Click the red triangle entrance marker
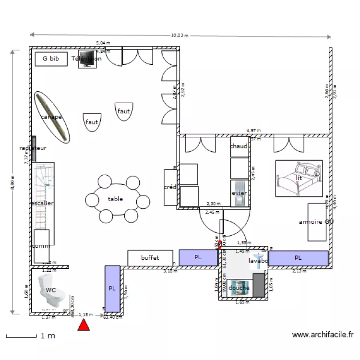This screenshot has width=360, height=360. (84, 325)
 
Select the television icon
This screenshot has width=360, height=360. (87, 59)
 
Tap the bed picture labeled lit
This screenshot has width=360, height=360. (298, 178)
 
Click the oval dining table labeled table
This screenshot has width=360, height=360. (116, 199)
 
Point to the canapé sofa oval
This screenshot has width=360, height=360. (52, 117)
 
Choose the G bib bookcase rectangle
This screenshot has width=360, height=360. (51, 59)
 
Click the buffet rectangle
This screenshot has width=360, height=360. (150, 258)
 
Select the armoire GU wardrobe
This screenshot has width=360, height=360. (317, 222)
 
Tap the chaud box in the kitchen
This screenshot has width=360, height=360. (239, 146)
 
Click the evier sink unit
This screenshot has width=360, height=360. (239, 193)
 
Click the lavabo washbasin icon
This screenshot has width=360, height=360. (259, 260)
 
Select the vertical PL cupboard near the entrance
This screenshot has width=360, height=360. (112, 288)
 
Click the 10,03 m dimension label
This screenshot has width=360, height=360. (180, 35)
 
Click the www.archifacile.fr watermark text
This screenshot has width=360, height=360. (323, 335)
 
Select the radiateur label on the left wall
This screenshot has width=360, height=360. (33, 148)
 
